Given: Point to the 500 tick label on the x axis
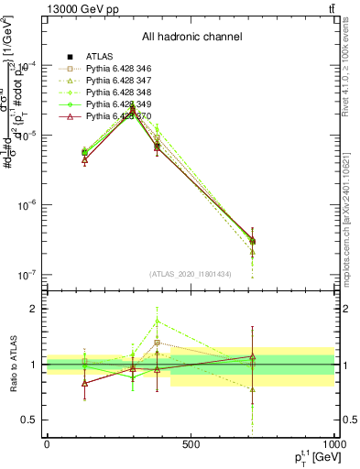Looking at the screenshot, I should tap(191, 444).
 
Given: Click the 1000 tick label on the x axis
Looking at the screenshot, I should tap(332, 444).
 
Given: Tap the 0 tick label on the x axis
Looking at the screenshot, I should tap(47, 444).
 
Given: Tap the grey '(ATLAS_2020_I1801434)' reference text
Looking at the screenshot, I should tap(191, 273).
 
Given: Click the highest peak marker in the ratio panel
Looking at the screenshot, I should tap(158, 321).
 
